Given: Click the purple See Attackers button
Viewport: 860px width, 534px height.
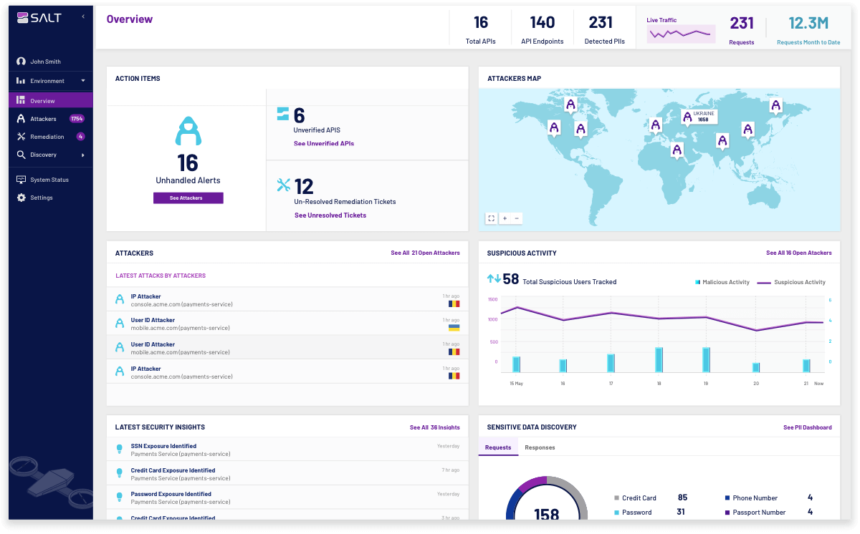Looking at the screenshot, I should tap(188, 198).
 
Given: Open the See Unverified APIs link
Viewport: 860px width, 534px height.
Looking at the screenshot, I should tap(323, 144).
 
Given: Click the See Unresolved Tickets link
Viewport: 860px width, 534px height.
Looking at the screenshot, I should tap(330, 215).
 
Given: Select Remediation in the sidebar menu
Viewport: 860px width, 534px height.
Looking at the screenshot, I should tap(47, 137).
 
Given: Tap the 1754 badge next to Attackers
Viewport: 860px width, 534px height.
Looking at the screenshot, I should tap(77, 119).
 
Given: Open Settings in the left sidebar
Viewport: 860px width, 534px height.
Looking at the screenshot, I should tap(41, 198).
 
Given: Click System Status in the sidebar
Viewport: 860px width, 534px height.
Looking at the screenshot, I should tap(49, 180).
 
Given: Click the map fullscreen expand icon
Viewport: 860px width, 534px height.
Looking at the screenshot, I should tap(491, 218).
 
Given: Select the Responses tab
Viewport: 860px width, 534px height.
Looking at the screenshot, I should tap(540, 448).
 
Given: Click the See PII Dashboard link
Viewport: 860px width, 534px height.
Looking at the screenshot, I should tap(807, 427).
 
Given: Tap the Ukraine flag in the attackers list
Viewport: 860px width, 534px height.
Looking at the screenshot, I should tap(454, 328).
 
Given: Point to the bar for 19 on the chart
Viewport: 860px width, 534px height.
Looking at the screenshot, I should tap(706, 359).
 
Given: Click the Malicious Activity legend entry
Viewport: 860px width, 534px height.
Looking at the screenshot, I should tap(722, 282).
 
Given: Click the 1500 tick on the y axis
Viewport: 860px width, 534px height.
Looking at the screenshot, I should tap(492, 300).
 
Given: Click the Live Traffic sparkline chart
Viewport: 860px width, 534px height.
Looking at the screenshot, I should tap(680, 33).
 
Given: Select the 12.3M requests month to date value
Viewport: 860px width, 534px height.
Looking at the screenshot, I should tap(808, 24).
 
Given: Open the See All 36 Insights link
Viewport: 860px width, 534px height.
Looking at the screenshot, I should tap(434, 427).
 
